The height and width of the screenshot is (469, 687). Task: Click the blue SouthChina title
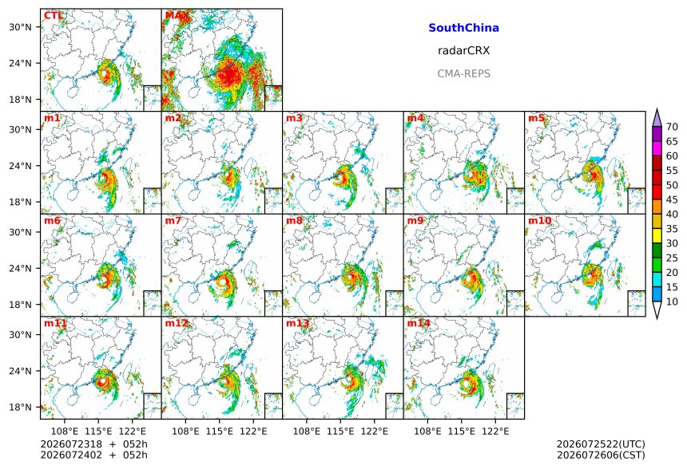click(x=463, y=28)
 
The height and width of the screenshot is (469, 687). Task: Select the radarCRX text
click(x=463, y=51)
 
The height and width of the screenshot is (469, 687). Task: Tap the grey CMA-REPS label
click(x=463, y=73)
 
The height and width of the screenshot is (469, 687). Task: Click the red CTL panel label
click(x=53, y=16)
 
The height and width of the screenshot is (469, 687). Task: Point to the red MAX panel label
click(x=176, y=16)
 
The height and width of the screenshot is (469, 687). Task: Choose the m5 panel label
click(x=536, y=118)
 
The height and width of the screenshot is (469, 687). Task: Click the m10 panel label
click(x=539, y=220)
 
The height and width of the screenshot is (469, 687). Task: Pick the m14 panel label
click(x=419, y=323)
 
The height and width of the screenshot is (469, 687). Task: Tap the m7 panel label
click(x=173, y=220)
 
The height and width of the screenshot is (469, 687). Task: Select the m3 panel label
click(x=294, y=118)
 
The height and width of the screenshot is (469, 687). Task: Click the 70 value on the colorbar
click(x=672, y=127)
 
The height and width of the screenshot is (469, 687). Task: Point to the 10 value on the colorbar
click(x=672, y=301)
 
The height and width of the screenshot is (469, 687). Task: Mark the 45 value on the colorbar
click(x=672, y=199)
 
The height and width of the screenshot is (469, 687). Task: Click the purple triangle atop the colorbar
click(x=657, y=118)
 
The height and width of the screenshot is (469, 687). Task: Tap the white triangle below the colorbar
click(x=657, y=309)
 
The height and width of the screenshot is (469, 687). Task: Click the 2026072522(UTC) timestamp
click(x=601, y=444)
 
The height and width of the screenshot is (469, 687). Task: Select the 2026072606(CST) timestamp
click(x=601, y=455)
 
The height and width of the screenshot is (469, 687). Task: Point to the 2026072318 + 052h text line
click(x=93, y=444)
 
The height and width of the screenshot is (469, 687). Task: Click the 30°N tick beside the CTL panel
click(x=20, y=27)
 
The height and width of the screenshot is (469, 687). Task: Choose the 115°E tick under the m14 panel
click(x=462, y=432)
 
